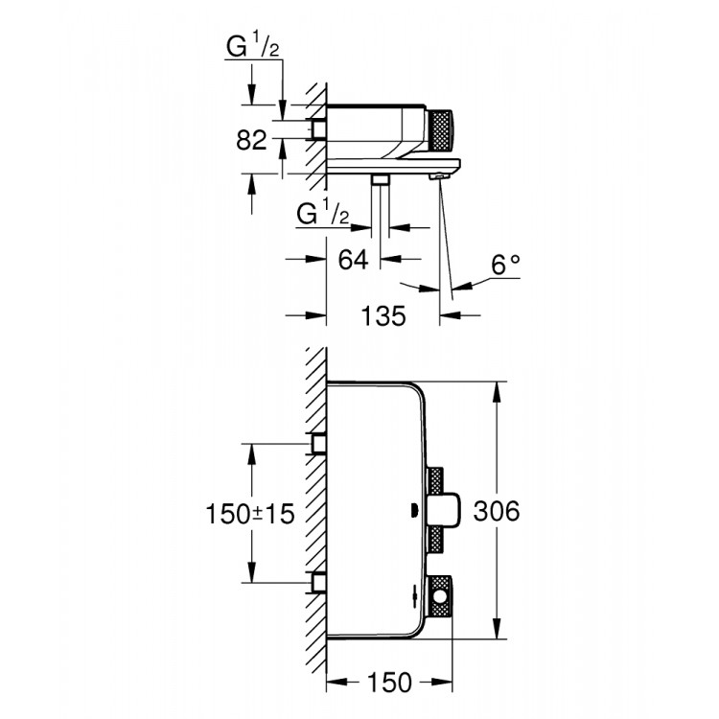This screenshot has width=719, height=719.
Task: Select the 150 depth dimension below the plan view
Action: coord(390,683)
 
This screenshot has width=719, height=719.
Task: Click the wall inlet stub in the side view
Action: coord(318,128)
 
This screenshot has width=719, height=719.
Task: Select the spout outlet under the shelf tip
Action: coord(439,174)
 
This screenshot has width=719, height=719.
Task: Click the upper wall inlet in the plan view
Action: coord(318,444)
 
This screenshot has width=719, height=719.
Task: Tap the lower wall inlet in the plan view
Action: coord(318,581)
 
